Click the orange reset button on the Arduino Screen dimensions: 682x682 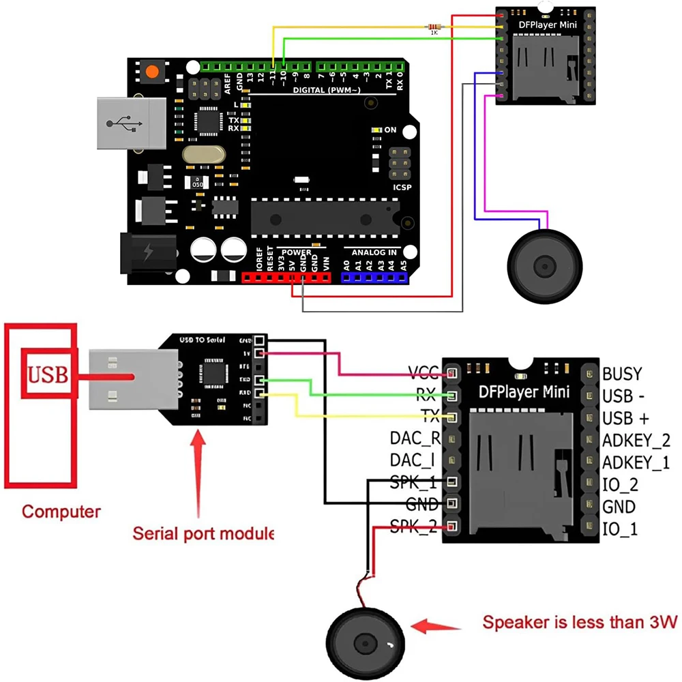pyautogui.click(x=151, y=71)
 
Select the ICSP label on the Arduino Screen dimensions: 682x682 pyautogui.click(x=402, y=187)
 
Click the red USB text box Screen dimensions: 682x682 pyautogui.click(x=46, y=374)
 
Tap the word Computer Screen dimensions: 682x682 pyautogui.click(x=61, y=511)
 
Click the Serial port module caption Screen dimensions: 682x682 pyautogui.click(x=203, y=533)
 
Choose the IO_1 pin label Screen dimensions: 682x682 pyautogui.click(x=620, y=529)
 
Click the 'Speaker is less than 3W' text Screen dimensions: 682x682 pyautogui.click(x=580, y=622)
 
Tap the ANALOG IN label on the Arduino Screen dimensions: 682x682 pyautogui.click(x=370, y=252)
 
